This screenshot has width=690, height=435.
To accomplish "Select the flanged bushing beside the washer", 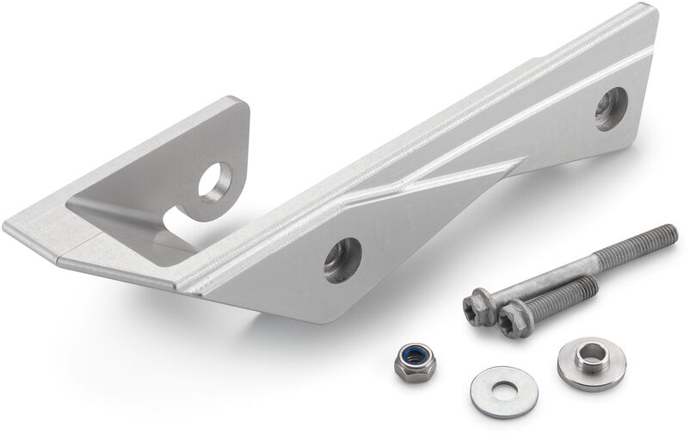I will [x=591, y=363].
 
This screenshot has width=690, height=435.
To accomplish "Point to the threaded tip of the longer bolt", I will [x=667, y=233].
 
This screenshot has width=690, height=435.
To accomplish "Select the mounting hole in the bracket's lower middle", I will [x=342, y=259].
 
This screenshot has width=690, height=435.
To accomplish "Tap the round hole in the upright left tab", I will [x=214, y=181].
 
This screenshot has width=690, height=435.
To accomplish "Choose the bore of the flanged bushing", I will [x=592, y=353].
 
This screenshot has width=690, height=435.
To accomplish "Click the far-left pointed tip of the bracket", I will [x=7, y=227].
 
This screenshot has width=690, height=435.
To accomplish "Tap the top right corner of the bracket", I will [x=651, y=10].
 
